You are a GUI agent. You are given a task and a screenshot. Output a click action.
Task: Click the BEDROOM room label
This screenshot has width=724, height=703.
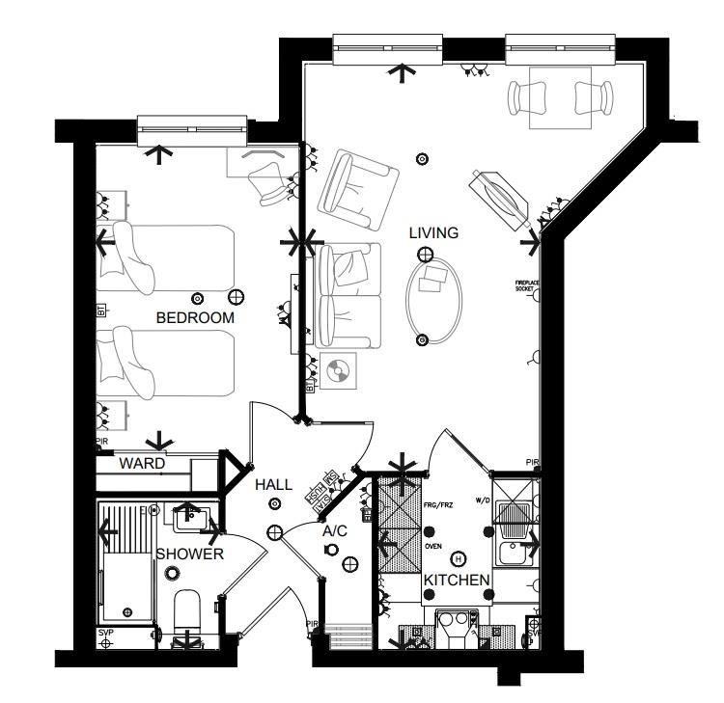[x=196, y=317]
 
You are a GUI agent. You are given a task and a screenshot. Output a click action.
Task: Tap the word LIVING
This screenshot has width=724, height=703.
[x=433, y=232]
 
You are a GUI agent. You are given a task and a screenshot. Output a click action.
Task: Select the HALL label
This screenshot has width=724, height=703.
[x=273, y=486]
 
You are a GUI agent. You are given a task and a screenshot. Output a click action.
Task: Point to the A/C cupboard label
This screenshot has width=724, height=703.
[x=334, y=530]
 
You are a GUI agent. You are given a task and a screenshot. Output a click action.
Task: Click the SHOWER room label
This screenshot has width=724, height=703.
[x=190, y=554]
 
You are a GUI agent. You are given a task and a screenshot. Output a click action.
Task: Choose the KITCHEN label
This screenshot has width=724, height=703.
[x=458, y=580]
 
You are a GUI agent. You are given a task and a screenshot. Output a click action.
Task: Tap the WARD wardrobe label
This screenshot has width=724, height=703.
[x=142, y=464]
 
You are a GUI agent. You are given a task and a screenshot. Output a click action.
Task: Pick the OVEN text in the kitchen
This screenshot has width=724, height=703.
[x=432, y=545]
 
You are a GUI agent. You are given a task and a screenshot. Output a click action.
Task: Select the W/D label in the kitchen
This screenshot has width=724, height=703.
[x=484, y=500]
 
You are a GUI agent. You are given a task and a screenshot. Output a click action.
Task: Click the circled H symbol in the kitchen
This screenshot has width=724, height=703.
[x=458, y=558]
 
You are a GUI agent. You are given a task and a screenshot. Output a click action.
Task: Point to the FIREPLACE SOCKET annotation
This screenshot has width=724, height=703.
[x=524, y=285]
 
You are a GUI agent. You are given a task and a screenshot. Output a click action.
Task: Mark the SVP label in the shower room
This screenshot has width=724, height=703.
[x=105, y=633]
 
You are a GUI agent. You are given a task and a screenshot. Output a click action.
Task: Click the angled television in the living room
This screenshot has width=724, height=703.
[x=499, y=199]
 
